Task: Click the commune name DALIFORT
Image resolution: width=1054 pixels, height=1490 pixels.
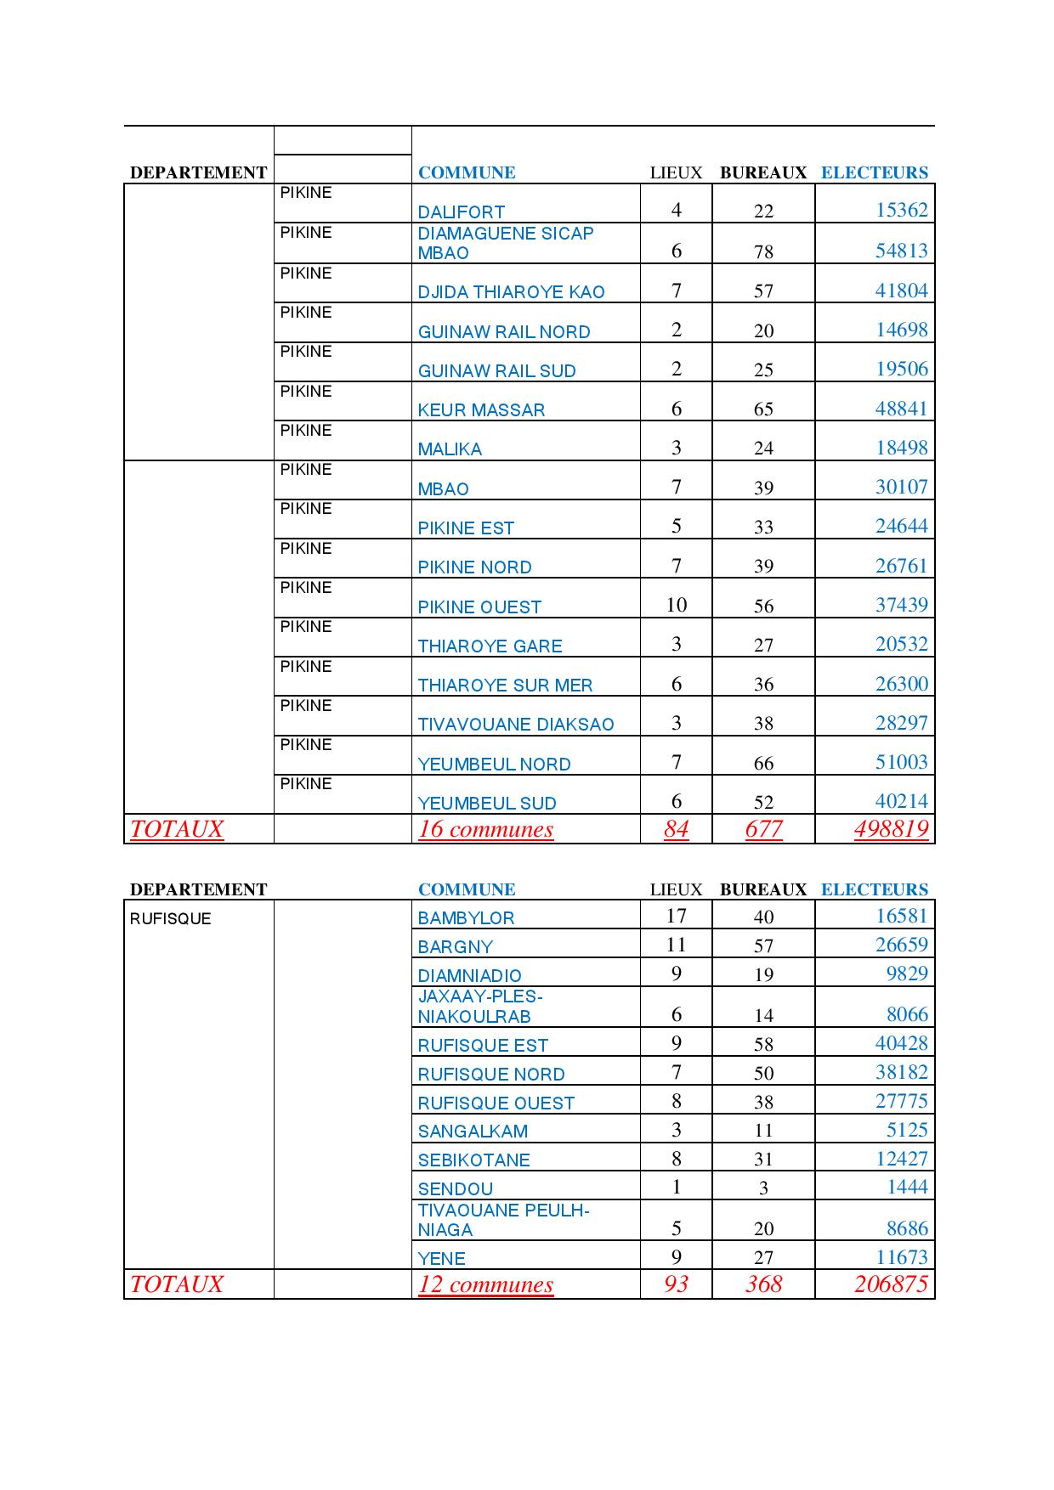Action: click(x=461, y=212)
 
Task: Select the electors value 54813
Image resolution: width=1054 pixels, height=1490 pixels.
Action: click(x=901, y=251)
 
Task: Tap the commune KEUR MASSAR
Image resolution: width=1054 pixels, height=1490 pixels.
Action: click(x=480, y=409)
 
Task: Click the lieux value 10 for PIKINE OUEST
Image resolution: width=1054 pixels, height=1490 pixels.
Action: click(x=676, y=605)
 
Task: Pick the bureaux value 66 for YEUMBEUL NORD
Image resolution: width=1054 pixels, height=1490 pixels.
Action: click(x=763, y=763)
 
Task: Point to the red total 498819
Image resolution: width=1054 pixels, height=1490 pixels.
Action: click(x=891, y=829)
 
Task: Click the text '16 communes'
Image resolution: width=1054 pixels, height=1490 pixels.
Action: click(x=485, y=829)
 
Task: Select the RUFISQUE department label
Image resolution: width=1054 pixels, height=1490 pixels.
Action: click(x=170, y=918)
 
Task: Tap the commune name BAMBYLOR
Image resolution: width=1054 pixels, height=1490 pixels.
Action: click(x=466, y=918)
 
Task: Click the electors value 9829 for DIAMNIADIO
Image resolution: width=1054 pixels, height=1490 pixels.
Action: click(x=907, y=974)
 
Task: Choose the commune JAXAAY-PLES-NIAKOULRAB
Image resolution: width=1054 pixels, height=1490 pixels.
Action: click(x=479, y=1007)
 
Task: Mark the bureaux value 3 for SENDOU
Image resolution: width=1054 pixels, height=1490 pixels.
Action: click(x=763, y=1188)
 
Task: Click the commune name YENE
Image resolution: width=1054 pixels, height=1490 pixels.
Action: click(x=441, y=1258)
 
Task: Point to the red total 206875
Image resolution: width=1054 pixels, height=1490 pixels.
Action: click(x=891, y=1284)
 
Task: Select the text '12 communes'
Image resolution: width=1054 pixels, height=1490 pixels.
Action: click(x=485, y=1284)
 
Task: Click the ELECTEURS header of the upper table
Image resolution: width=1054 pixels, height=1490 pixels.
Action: click(x=874, y=172)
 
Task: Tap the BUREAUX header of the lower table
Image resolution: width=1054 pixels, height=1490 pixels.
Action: click(x=762, y=889)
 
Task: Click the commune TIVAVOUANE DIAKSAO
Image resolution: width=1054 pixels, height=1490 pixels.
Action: click(x=515, y=725)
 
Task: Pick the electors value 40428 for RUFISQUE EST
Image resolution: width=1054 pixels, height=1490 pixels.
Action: click(x=901, y=1043)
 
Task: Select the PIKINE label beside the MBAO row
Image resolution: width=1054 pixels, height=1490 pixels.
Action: click(x=306, y=470)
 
